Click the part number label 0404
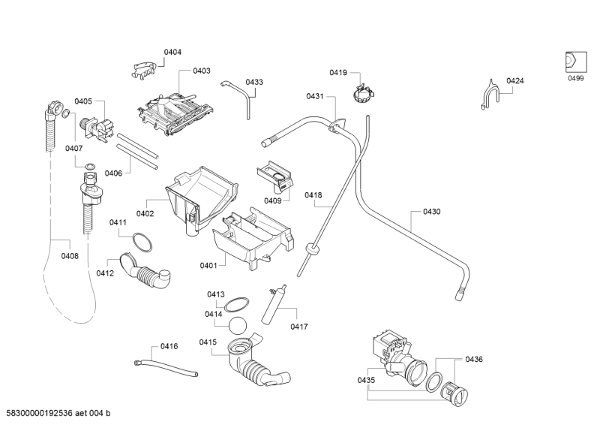click(172, 52)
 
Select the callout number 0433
click(254, 82)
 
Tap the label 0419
click(337, 73)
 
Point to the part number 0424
click(514, 80)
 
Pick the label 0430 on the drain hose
click(432, 212)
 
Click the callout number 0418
click(313, 195)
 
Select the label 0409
click(272, 200)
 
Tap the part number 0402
click(145, 214)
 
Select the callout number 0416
click(169, 347)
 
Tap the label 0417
click(299, 327)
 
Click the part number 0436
click(474, 359)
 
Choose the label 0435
click(366, 381)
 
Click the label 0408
click(70, 255)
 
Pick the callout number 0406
click(113, 173)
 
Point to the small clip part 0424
click(488, 97)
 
